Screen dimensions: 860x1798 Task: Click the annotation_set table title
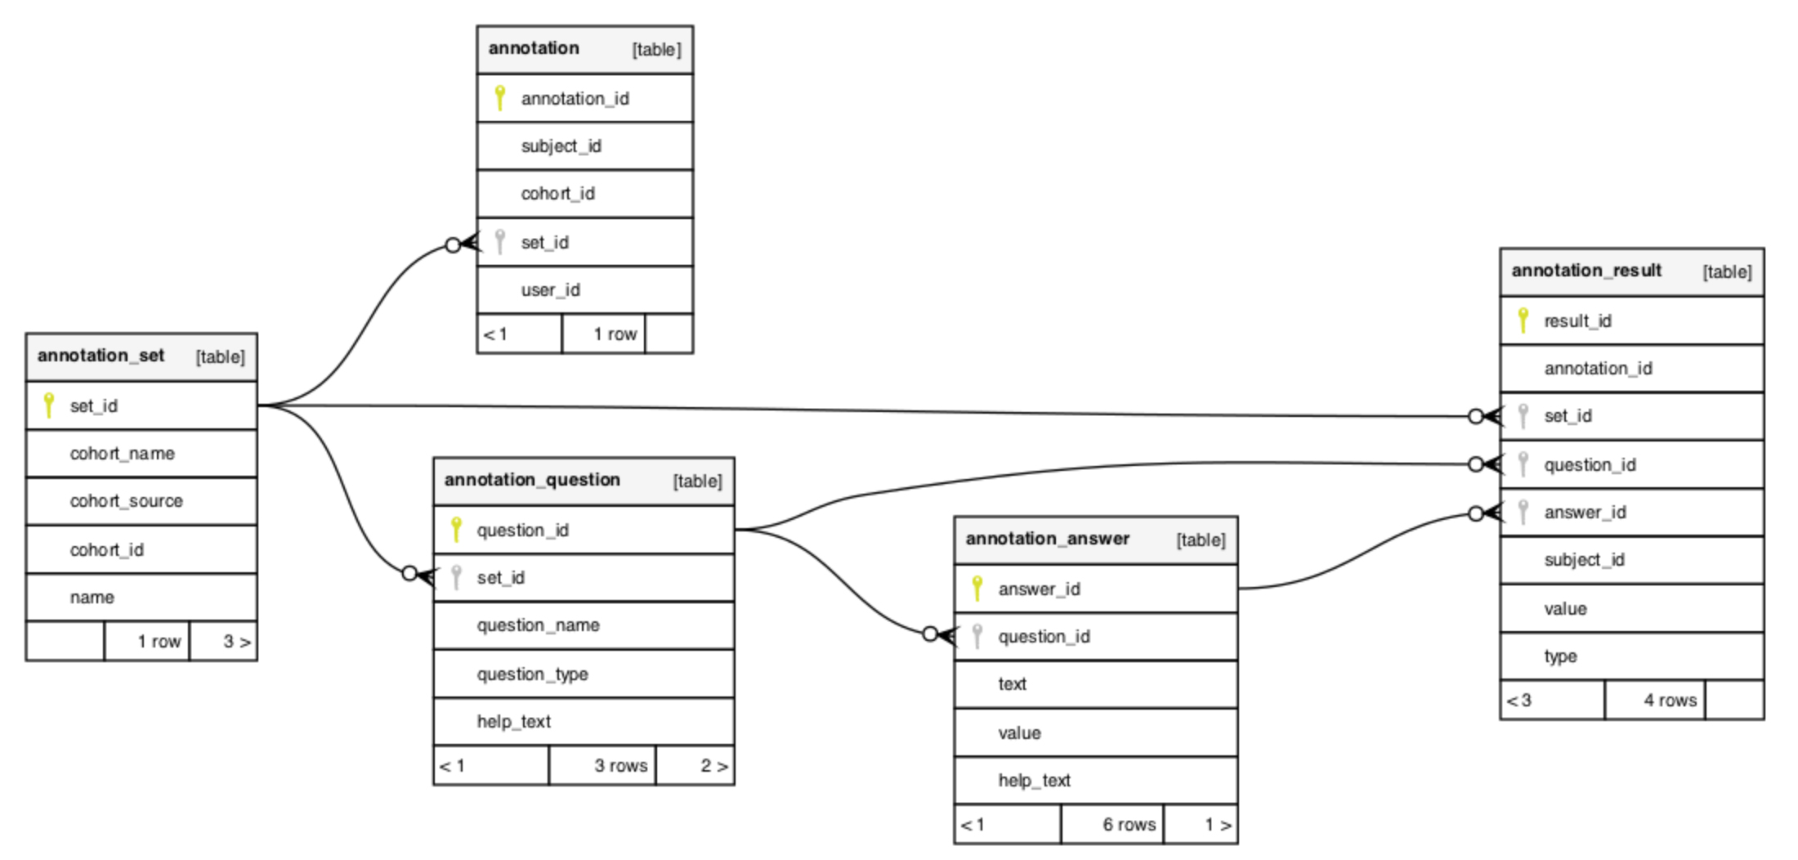101,356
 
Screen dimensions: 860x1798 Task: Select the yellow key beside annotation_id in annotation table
500,98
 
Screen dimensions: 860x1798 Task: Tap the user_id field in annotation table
550,290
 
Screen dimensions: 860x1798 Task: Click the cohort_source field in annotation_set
126,501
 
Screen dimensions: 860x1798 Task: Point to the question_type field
532,674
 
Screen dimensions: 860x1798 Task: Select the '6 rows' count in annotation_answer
1129,824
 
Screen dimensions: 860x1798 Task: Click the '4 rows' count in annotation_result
1670,701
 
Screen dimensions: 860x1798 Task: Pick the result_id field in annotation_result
1577,321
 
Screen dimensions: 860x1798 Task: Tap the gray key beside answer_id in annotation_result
1523,512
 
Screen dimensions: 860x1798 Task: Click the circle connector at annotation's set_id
453,244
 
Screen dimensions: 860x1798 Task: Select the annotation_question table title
532,480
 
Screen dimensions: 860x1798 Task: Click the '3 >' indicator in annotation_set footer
236,642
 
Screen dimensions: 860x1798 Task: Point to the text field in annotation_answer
1012,684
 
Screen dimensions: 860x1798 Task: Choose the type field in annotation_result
1560,656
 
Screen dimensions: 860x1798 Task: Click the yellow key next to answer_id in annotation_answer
977,589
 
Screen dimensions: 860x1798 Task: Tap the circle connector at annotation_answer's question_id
929,634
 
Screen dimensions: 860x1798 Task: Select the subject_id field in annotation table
561,146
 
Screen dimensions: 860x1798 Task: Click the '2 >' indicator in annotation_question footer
713,766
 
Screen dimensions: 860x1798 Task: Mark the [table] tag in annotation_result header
1727,271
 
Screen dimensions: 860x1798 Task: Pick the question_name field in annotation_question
538,625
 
